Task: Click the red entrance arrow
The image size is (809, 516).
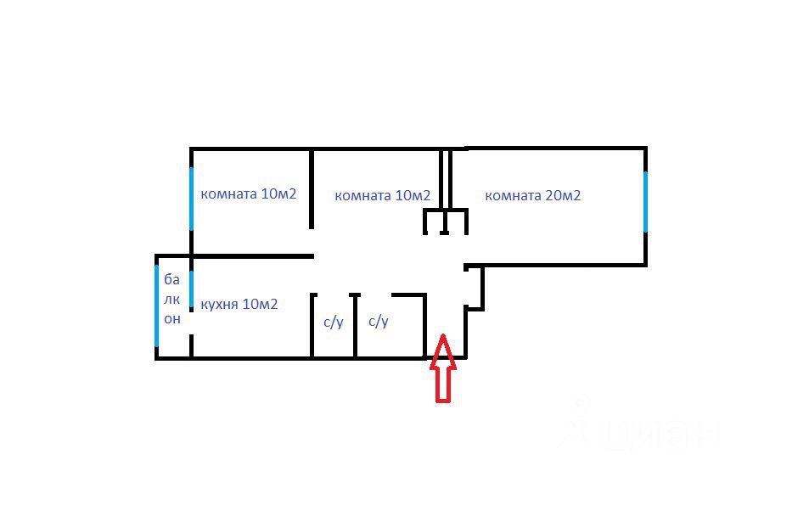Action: [x=443, y=368]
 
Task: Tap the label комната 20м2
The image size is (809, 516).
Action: [x=532, y=195]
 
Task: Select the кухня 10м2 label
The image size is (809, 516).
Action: [x=239, y=304]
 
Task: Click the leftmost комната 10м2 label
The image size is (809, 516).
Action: [x=248, y=193]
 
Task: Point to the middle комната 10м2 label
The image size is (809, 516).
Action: [x=382, y=196]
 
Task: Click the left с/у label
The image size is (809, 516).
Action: [x=334, y=322]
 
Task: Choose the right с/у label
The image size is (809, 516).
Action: [x=379, y=322]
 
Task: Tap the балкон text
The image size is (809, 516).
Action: [x=172, y=299]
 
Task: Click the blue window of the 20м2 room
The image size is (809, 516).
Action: [x=646, y=201]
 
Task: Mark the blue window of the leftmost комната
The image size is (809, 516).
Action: [x=191, y=198]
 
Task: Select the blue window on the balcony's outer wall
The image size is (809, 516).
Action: [x=157, y=306]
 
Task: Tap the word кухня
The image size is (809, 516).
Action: [x=220, y=304]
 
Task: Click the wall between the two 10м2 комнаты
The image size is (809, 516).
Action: [x=312, y=188]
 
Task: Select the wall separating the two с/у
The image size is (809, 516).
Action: [x=355, y=326]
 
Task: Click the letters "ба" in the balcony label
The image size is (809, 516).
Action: [x=172, y=279]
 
